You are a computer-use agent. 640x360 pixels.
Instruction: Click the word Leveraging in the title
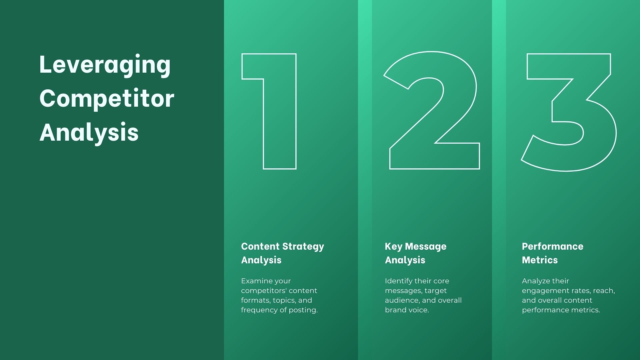pos(105,65)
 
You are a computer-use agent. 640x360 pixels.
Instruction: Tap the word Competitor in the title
pos(107,98)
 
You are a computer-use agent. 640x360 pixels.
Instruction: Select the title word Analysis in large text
pos(89,132)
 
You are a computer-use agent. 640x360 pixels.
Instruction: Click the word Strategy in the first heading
pos(303,247)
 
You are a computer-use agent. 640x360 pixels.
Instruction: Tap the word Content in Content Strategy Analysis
pos(260,246)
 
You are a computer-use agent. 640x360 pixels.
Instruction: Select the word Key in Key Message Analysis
pos(393,247)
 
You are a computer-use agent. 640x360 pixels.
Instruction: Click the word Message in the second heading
pos(426,246)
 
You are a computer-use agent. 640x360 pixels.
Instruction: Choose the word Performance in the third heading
pos(552,246)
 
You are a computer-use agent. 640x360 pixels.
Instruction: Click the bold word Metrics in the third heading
pos(540,260)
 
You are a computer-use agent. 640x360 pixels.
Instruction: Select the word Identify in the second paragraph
pos(398,281)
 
